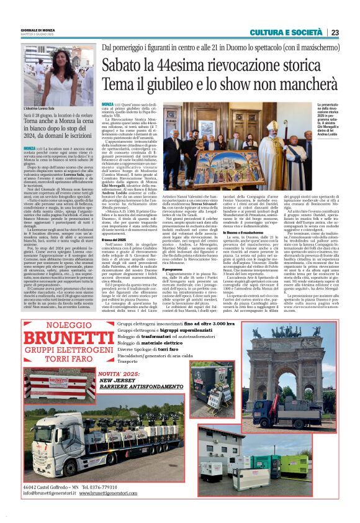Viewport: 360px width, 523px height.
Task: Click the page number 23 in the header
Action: [335, 33]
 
